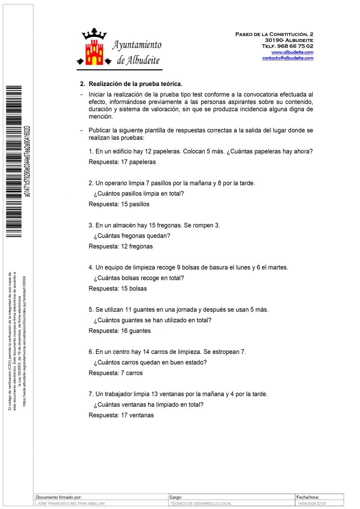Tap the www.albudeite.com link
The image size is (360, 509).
coord(292,52)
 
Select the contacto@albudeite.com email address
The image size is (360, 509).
coord(288,58)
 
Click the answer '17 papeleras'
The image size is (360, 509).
coord(138,162)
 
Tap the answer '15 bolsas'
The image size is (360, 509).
coord(134,289)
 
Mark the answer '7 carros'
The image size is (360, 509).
coord(132,373)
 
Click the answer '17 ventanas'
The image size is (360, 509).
coord(137,416)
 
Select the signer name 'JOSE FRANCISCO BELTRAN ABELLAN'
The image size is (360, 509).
coord(72,504)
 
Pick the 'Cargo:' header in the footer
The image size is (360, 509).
coord(176,497)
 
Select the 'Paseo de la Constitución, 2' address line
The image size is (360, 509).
coord(274,34)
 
